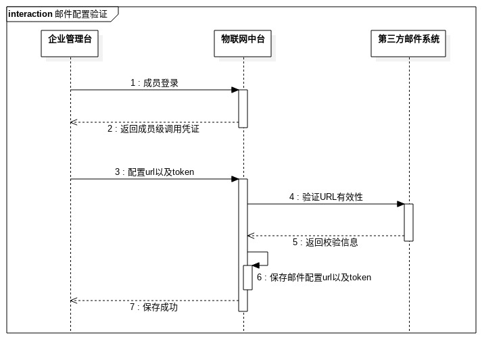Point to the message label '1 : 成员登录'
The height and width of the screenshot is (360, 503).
(x=154, y=83)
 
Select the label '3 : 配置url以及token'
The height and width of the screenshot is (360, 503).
(x=154, y=172)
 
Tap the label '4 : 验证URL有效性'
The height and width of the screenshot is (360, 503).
(x=326, y=197)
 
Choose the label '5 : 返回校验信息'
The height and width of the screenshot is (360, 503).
(x=325, y=242)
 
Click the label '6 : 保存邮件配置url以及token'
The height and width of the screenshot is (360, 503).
(x=314, y=278)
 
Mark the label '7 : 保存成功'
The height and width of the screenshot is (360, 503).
(x=153, y=307)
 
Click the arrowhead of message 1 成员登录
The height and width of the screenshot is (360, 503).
(x=235, y=90)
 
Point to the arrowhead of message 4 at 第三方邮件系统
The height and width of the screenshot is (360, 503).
(x=400, y=204)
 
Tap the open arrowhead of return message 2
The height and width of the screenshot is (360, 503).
(x=74, y=122)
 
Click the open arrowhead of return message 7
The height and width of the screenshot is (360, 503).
(x=74, y=301)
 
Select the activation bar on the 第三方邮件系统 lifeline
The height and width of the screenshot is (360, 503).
(x=408, y=222)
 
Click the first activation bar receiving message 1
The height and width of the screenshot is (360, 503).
(x=243, y=108)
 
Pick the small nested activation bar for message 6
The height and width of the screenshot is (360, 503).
(x=247, y=278)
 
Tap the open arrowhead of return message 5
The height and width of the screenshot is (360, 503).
(x=251, y=236)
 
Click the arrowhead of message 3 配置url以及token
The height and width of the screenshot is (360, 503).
(x=235, y=179)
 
